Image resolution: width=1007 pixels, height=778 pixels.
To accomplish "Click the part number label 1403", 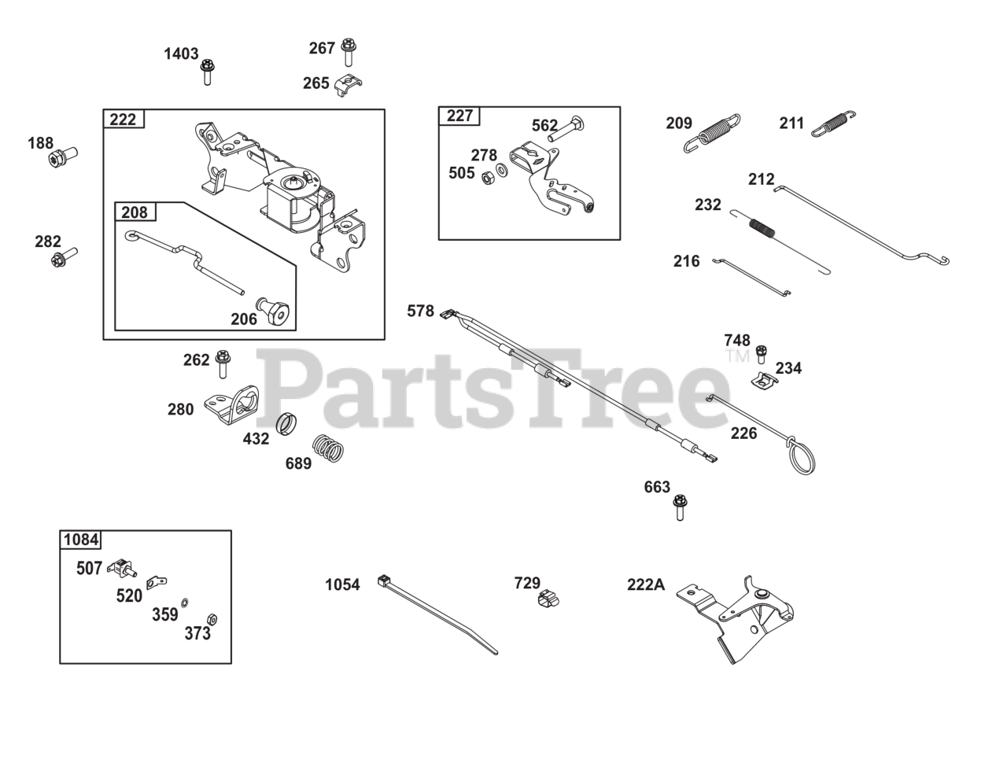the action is (x=181, y=53).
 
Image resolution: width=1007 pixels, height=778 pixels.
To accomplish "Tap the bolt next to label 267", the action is (x=349, y=52).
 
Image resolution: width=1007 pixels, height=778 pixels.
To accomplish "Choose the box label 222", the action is (x=123, y=120).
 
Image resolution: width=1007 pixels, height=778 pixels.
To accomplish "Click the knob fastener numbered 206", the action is (x=275, y=312).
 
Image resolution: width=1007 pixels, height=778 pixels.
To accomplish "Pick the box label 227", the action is (x=459, y=116).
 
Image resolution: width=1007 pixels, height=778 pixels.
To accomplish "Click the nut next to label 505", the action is (x=486, y=172).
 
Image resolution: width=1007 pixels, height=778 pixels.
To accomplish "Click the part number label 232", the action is (x=708, y=205).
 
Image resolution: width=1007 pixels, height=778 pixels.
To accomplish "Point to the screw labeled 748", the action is (x=761, y=353).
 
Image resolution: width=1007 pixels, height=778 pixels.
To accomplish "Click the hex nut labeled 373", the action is (x=211, y=618).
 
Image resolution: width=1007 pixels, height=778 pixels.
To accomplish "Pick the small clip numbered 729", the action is (x=548, y=599).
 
